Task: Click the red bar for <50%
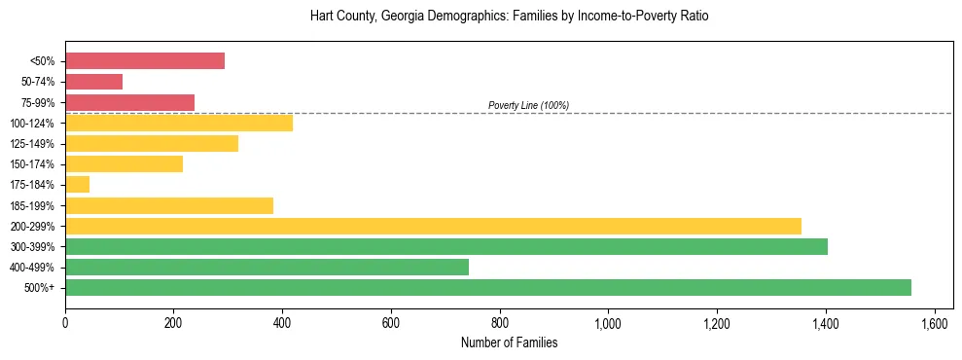pos(145,61)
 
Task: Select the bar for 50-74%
pos(93,82)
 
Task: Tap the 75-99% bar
pos(129,102)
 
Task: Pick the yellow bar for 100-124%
pos(179,123)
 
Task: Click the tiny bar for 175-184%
pos(77,184)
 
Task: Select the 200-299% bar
pos(433,226)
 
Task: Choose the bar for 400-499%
pos(267,267)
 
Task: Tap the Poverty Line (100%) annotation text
pos(528,105)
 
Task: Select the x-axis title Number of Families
pos(509,342)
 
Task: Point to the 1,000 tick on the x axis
pos(608,323)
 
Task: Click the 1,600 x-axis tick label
pos(934,323)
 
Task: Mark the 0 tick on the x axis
pos(65,323)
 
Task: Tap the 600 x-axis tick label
pos(391,323)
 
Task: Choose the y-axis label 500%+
pos(40,288)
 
